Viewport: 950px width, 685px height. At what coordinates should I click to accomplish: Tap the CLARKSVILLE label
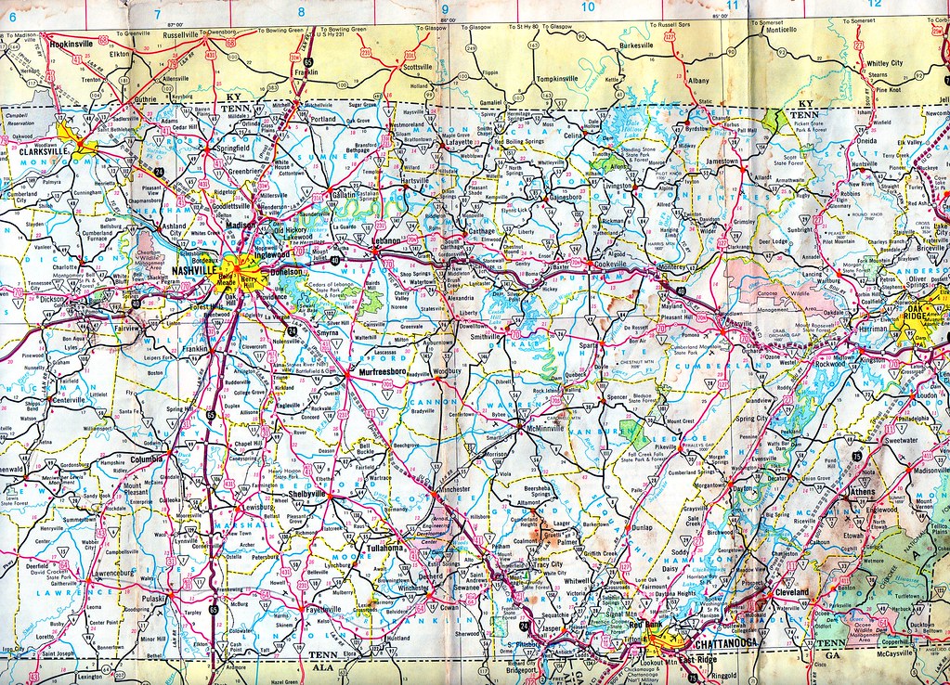coord(38,154)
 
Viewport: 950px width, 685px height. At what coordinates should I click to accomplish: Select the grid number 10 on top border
coord(587,7)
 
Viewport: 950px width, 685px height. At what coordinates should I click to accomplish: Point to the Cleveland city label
coord(789,591)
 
